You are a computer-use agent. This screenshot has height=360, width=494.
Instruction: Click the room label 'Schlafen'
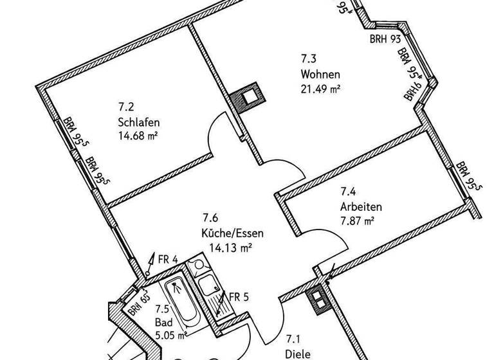tap(138, 122)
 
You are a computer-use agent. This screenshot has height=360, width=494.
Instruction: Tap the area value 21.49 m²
tap(320, 89)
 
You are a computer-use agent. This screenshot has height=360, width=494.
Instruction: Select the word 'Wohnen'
tap(320, 74)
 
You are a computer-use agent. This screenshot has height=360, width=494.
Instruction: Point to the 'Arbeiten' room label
tap(361, 207)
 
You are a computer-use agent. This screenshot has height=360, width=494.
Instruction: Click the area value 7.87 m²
tap(357, 221)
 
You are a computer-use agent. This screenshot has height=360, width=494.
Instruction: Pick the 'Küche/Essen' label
tap(232, 233)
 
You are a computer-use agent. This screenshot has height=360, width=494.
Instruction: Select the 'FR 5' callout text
tap(239, 297)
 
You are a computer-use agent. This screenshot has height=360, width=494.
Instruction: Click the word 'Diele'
tap(298, 353)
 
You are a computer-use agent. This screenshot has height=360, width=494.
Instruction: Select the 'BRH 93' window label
tap(385, 39)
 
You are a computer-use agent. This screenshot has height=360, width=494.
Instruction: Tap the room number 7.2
tap(125, 108)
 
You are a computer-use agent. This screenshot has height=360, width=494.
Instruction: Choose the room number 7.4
tap(348, 192)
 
